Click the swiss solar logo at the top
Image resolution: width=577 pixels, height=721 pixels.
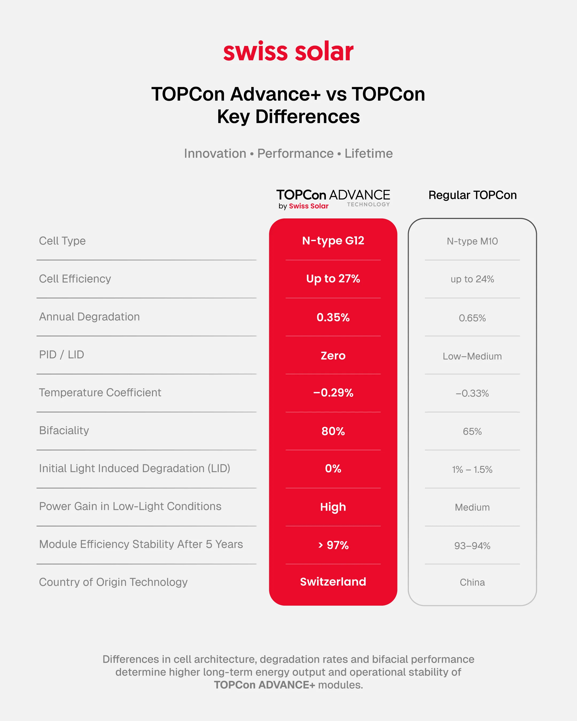[288, 52]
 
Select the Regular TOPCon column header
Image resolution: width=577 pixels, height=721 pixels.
[472, 195]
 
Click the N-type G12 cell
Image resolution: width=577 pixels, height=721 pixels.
[333, 241]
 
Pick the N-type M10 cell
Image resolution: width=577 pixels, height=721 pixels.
[472, 241]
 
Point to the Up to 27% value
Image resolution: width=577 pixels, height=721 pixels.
[333, 279]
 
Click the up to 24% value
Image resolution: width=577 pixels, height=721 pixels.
[472, 279]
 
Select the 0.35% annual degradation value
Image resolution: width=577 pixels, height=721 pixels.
[333, 317]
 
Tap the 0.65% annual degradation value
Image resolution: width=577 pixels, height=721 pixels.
[472, 318]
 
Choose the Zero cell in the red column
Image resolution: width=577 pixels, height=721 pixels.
[333, 355]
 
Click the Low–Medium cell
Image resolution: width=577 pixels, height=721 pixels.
[472, 356]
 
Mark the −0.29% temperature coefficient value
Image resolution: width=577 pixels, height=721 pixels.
[333, 393]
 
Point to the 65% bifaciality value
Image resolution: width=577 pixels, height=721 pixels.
[472, 431]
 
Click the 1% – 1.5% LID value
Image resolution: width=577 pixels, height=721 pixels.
[472, 469]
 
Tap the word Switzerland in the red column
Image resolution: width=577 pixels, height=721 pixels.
[333, 582]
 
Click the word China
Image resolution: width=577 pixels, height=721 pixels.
[472, 582]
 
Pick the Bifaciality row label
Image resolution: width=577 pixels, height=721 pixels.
[64, 430]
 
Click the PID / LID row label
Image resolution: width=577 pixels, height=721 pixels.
[61, 354]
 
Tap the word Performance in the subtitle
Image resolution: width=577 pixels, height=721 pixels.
[295, 154]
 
